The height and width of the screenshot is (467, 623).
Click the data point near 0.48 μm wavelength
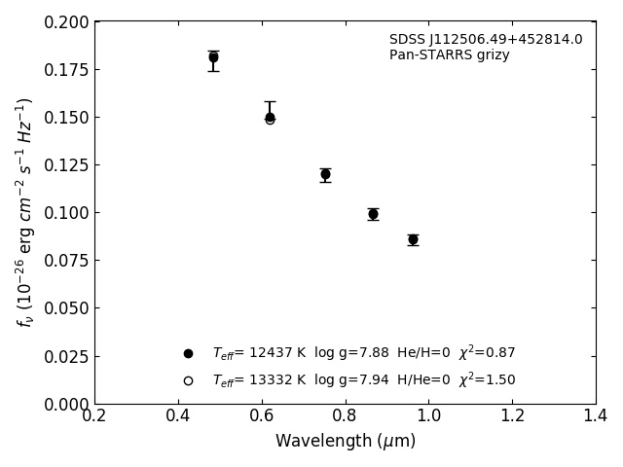213,57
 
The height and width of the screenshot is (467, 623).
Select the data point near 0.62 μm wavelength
270,118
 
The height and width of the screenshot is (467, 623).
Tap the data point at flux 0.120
325,174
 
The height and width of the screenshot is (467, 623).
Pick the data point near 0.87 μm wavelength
373,214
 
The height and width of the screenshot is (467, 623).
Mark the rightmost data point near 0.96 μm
413,239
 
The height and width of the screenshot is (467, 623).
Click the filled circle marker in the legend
188,353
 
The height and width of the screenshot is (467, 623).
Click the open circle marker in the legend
188,380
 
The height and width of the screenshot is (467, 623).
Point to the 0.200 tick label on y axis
65,22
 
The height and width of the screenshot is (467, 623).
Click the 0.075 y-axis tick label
65,261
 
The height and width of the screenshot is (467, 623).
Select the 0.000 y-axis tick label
65,404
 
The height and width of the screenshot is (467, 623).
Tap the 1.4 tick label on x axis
596,416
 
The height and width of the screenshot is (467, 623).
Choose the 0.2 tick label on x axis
94,416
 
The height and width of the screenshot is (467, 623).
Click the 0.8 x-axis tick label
346,416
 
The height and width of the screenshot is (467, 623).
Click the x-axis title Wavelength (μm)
346,442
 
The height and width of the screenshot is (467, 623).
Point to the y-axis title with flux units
24,212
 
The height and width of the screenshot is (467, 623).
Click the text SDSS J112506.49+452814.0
486,40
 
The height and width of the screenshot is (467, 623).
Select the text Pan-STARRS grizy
449,55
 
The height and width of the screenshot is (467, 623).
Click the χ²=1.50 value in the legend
487,379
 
